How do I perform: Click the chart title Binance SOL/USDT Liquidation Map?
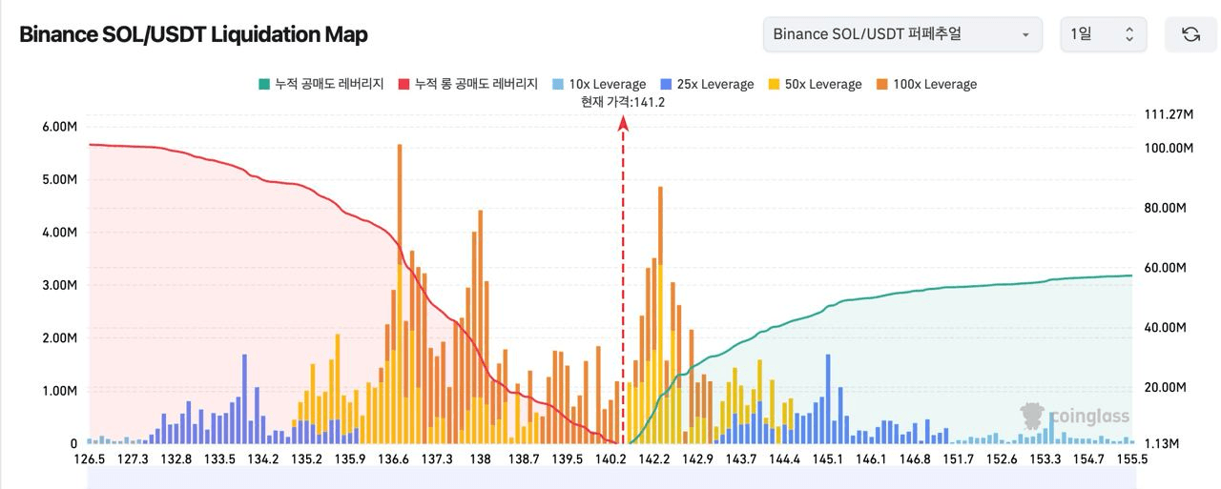(x=194, y=34)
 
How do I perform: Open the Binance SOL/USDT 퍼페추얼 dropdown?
(x=901, y=34)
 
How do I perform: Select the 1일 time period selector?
(x=1103, y=34)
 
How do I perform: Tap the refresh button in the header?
(x=1190, y=34)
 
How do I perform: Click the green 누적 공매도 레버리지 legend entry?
(x=321, y=84)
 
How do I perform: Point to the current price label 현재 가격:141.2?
(x=623, y=102)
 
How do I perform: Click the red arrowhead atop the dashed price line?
(x=624, y=122)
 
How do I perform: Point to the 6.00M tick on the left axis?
(x=60, y=127)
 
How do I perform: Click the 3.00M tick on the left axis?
(x=60, y=285)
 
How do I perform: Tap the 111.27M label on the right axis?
(x=1169, y=114)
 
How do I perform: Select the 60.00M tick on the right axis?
(x=1165, y=268)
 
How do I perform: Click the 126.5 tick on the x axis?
(x=90, y=459)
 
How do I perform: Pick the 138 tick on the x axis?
(x=481, y=459)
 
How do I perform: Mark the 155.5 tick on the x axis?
(x=1131, y=459)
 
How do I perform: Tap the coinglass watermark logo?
(x=1075, y=417)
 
